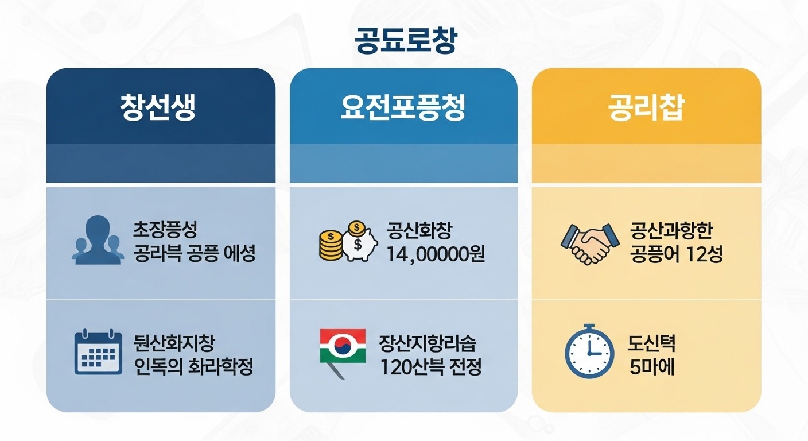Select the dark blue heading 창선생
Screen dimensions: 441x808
(x=158, y=108)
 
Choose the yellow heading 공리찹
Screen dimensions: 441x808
(x=646, y=108)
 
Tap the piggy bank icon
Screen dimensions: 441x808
(x=360, y=241)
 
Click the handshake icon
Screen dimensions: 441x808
(x=585, y=243)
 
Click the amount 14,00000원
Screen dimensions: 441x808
(x=436, y=253)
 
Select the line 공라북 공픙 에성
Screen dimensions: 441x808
(x=194, y=253)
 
